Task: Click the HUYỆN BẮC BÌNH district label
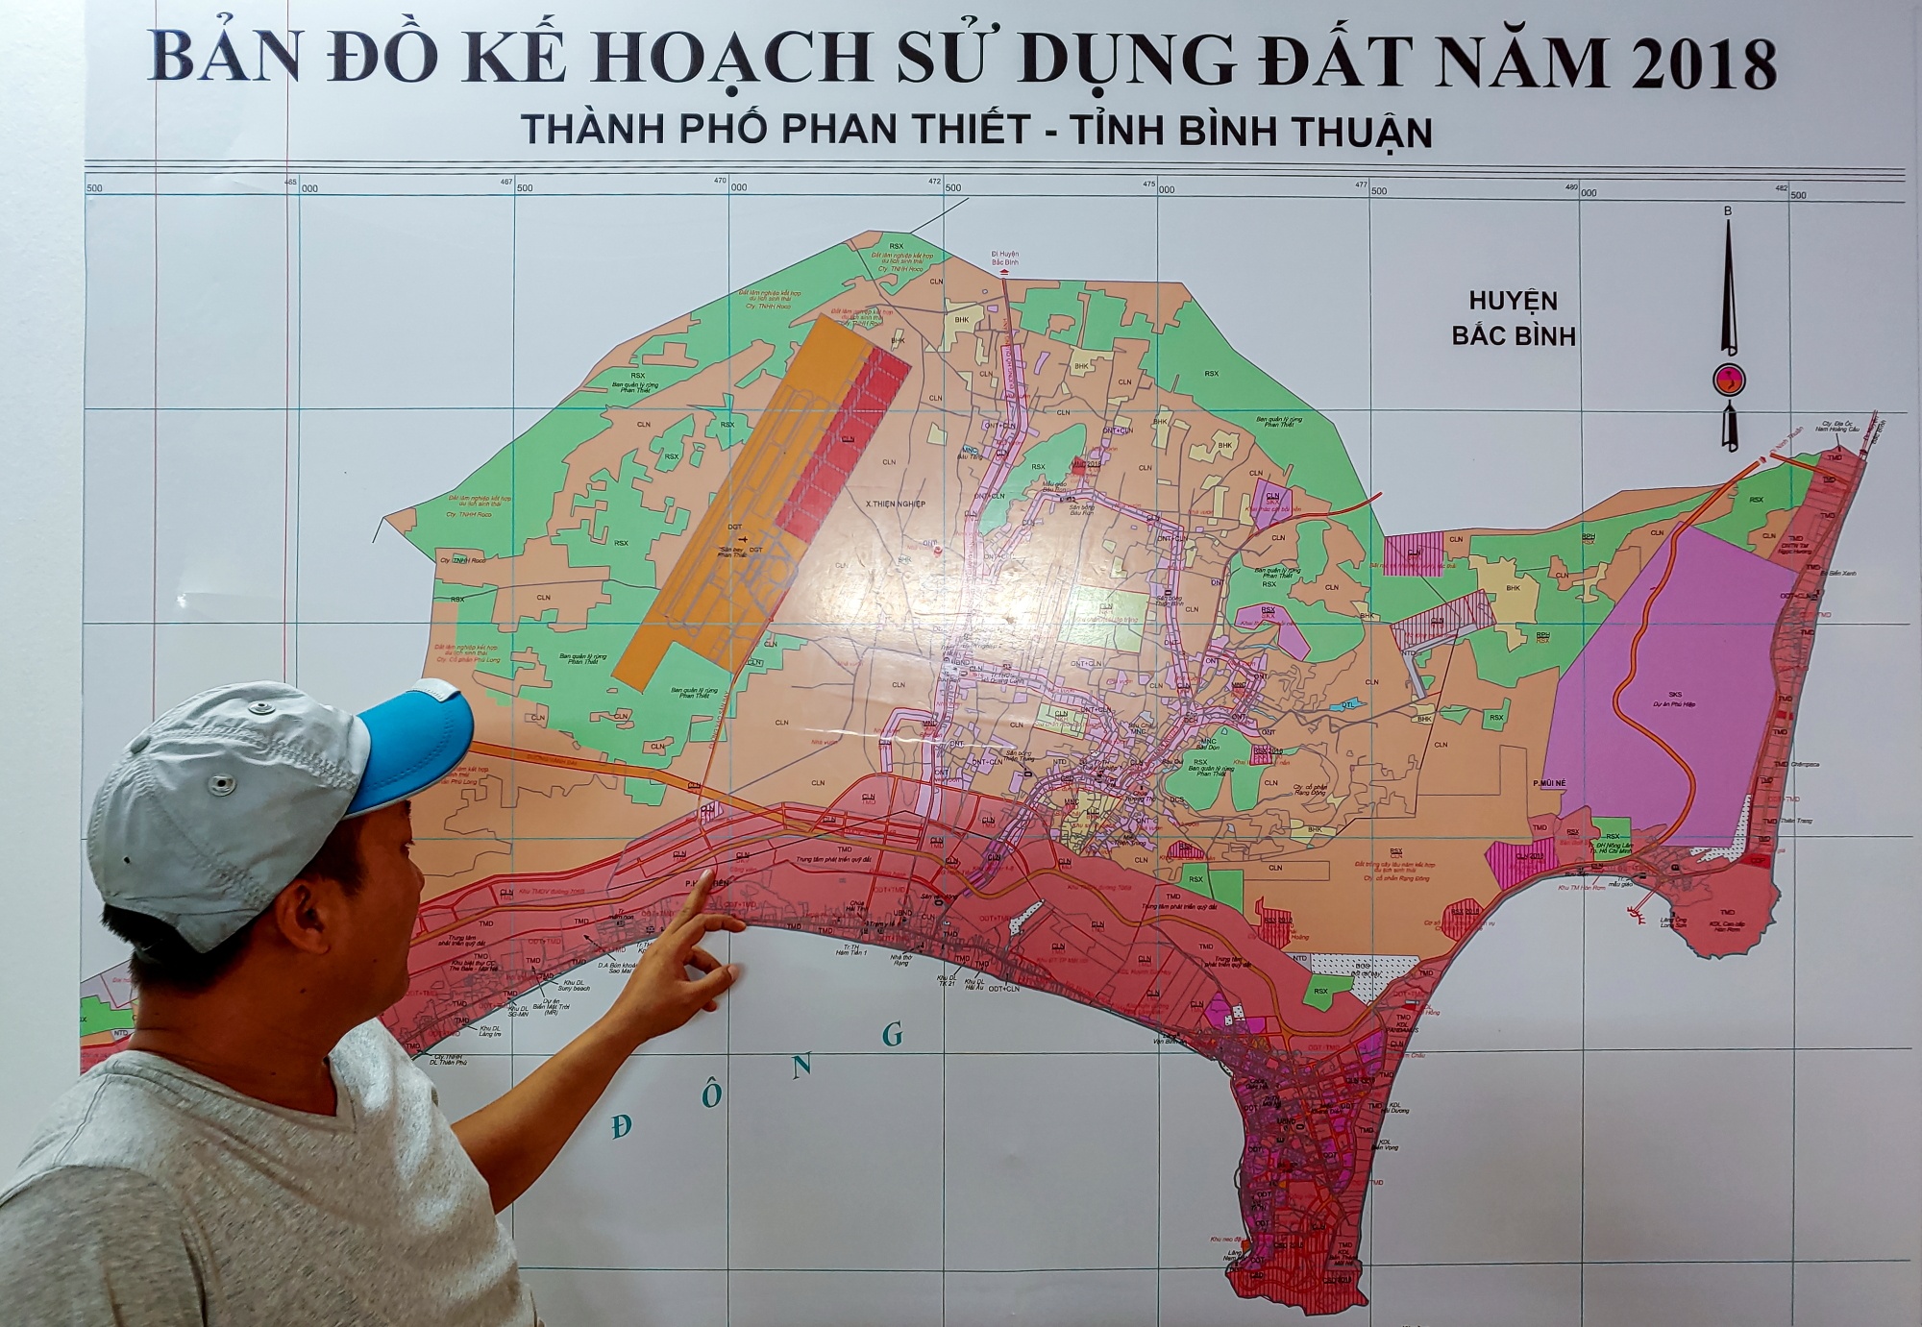[x=1513, y=318]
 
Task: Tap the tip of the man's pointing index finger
[x=709, y=873]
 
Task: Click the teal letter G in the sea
[x=893, y=1034]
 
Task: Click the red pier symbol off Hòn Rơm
[x=1635, y=912]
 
